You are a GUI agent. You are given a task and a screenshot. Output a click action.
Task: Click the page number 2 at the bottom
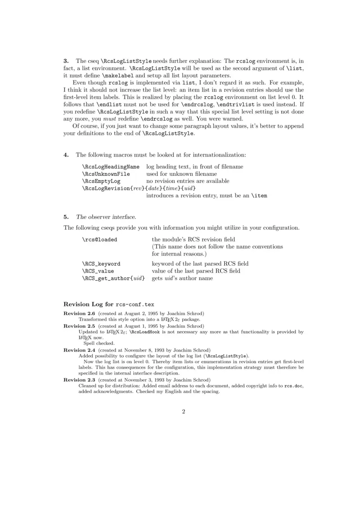tap(184, 411)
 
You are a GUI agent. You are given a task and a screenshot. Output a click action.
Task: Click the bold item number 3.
tap(66, 61)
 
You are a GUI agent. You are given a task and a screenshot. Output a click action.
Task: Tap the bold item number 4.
tap(66, 155)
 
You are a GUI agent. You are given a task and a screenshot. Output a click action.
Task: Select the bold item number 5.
tap(66, 217)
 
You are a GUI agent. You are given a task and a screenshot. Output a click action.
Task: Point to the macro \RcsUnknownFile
tap(106, 174)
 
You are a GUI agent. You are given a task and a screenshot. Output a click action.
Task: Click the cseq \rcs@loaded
tap(99, 239)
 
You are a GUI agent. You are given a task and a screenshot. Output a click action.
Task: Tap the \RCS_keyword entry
tap(101, 263)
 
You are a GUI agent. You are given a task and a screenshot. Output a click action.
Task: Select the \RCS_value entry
tap(98, 271)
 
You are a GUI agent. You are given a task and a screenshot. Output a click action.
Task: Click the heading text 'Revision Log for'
tap(89, 304)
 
